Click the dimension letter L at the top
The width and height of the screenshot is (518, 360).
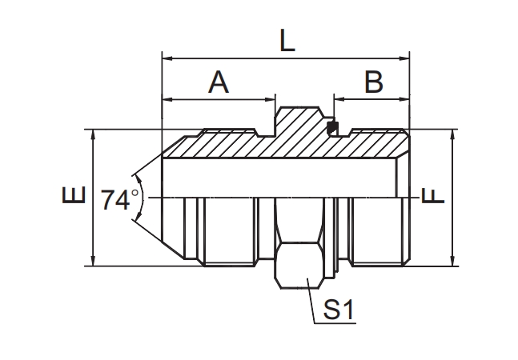[287, 40]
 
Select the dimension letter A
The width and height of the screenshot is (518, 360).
[219, 82]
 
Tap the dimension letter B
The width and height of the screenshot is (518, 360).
[372, 82]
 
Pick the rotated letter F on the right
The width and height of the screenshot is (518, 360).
[432, 197]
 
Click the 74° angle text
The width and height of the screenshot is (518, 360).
[120, 200]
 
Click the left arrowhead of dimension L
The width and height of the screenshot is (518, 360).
[167, 58]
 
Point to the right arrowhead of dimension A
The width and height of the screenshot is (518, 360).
[271, 100]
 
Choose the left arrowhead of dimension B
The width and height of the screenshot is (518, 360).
[339, 100]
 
